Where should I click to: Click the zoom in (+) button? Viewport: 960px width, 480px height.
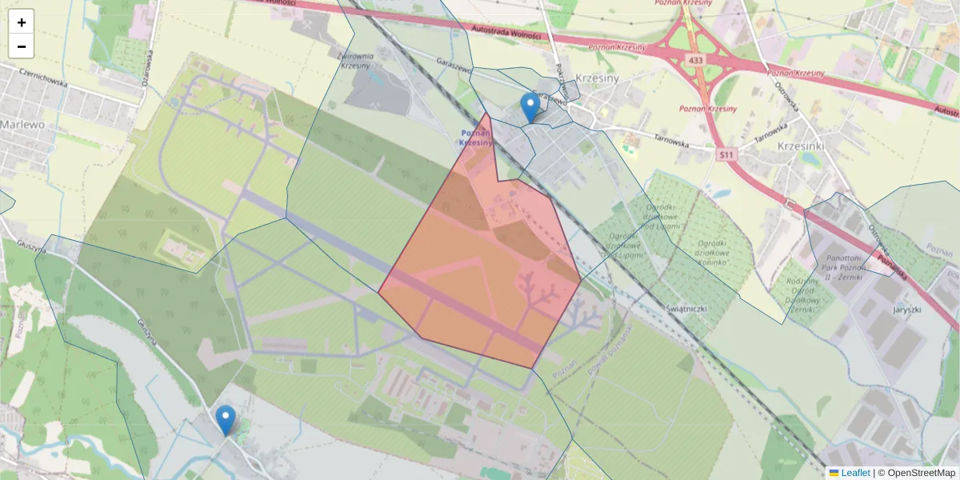22,22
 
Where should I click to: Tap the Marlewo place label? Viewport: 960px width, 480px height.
22,125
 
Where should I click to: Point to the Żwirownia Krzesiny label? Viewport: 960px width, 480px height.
356,61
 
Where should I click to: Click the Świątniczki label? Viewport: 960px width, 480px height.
684,308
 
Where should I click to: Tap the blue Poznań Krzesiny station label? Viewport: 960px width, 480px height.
478,138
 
